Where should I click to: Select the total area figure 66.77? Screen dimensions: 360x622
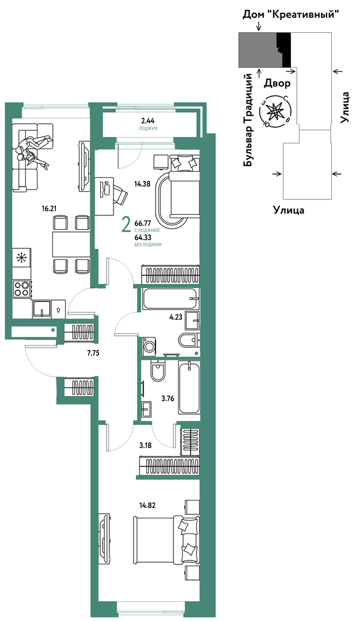click(142, 224)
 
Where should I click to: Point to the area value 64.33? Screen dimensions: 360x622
click(142, 238)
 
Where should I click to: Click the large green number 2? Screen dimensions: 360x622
click(126, 226)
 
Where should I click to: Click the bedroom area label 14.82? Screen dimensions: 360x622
click(147, 505)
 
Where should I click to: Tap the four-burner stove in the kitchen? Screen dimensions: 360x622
click(21, 289)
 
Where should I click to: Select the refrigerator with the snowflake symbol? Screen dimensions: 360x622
click(21, 258)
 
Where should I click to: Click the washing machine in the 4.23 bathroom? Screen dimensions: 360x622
click(150, 346)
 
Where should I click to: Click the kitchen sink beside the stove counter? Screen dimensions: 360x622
click(41, 308)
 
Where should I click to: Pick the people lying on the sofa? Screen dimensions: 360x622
click(33, 152)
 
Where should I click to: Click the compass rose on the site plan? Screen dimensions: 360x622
click(275, 112)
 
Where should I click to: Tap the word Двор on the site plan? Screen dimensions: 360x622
click(277, 84)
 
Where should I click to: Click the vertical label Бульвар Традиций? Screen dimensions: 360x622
click(249, 120)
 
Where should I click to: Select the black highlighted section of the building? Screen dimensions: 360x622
click(285, 50)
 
